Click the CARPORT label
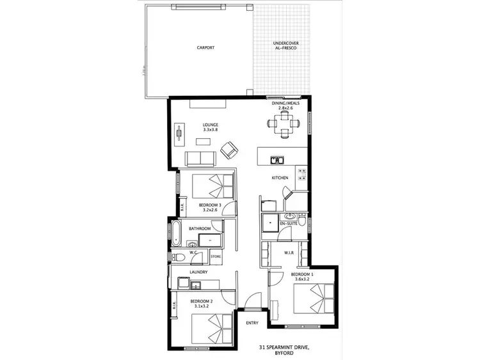pyautogui.click(x=205, y=48)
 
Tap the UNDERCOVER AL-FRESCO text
pyautogui.click(x=282, y=45)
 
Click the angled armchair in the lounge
pyautogui.click(x=228, y=150)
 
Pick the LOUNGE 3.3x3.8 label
pyautogui.click(x=211, y=127)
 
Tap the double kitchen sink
pyautogui.click(x=277, y=160)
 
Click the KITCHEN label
pyautogui.click(x=280, y=178)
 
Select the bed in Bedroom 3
pyautogui.click(x=213, y=186)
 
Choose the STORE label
pyautogui.click(x=216, y=257)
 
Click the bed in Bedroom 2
pyautogui.click(x=212, y=327)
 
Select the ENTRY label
pyautogui.click(x=252, y=323)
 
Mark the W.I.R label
pyautogui.click(x=289, y=253)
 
